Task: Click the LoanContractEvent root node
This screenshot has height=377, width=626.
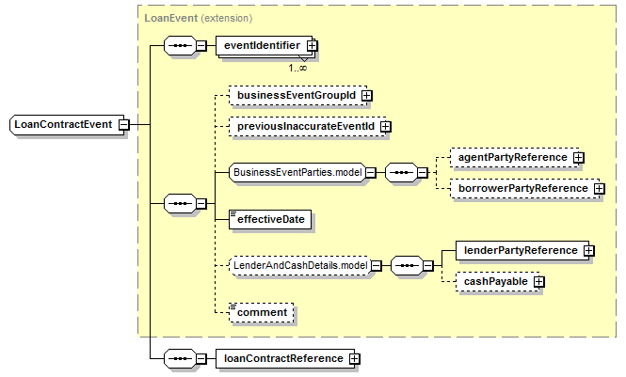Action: tap(67, 125)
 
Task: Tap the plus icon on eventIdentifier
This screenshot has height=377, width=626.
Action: tap(313, 46)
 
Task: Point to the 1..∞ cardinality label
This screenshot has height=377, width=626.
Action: tap(297, 68)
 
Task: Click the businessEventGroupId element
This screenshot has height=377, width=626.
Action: tap(297, 96)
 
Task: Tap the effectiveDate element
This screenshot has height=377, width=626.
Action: tap(270, 220)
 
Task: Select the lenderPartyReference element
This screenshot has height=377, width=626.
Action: tap(522, 251)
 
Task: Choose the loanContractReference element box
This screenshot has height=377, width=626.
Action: tap(285, 359)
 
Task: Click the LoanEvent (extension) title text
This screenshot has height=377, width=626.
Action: tap(198, 18)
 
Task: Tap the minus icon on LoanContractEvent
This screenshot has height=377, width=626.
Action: tap(124, 125)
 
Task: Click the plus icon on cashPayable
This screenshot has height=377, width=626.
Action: tap(539, 282)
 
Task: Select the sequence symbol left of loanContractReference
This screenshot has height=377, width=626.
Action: tap(181, 359)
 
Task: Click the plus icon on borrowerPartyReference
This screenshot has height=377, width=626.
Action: tap(600, 188)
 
